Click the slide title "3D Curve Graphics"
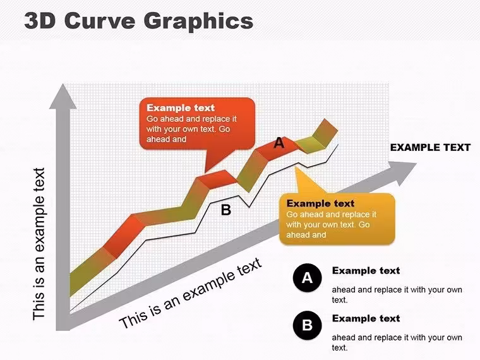[x=139, y=21]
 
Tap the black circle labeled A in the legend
[x=307, y=278]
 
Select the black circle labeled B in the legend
[x=307, y=325]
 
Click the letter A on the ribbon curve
[x=279, y=143]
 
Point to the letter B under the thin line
[x=226, y=210]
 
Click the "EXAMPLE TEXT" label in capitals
[x=430, y=148]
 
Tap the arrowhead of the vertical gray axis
[x=63, y=96]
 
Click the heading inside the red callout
[x=181, y=108]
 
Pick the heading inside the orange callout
[x=320, y=203]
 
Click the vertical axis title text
[x=39, y=244]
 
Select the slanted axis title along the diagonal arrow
[x=190, y=293]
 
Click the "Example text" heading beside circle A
[x=366, y=270]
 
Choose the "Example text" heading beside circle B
[x=366, y=318]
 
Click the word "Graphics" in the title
[x=198, y=21]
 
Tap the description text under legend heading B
[x=397, y=342]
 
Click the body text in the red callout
[x=191, y=129]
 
